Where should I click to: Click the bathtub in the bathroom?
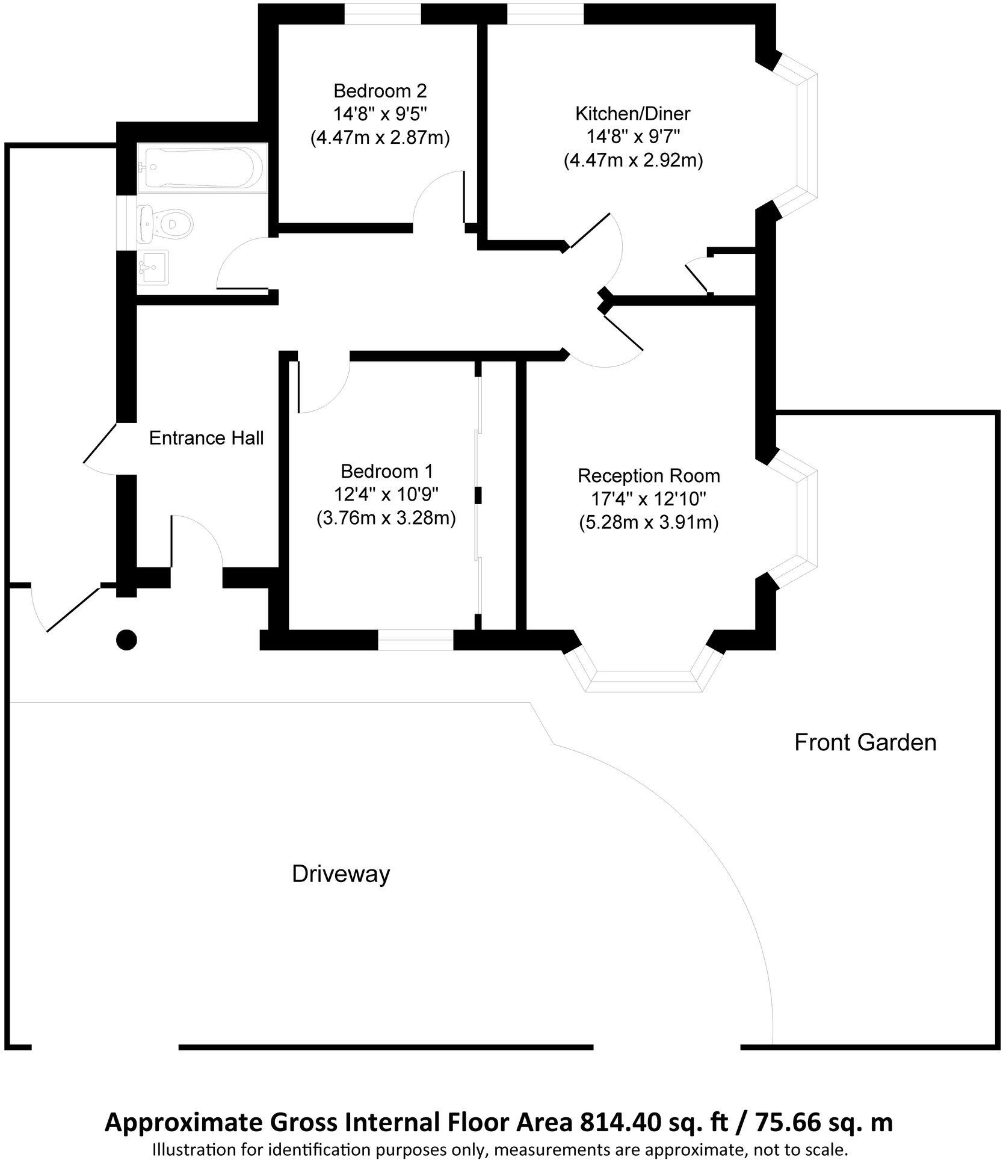(x=200, y=168)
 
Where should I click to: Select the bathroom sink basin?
(x=154, y=267)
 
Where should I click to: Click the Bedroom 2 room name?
(x=380, y=91)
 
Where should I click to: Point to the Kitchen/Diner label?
(x=632, y=113)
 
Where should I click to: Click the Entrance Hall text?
(x=206, y=438)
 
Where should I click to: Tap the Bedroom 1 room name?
(x=386, y=470)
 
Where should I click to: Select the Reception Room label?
(x=649, y=476)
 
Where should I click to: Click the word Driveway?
(x=341, y=874)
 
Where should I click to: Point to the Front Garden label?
(x=865, y=742)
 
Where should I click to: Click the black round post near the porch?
(x=126, y=640)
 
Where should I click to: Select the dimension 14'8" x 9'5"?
(x=380, y=114)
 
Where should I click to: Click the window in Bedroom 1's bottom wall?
(x=415, y=640)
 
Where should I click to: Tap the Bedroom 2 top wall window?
(x=382, y=13)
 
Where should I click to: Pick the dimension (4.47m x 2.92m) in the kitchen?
(x=633, y=161)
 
